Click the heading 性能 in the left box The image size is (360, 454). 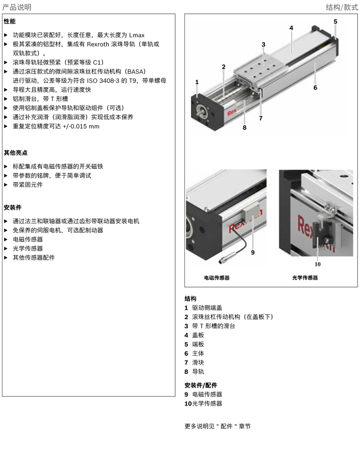pyautogui.click(x=10, y=22)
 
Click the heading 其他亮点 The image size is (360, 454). pyautogui.click(x=16, y=153)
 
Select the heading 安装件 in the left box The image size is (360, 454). pyautogui.click(x=12, y=207)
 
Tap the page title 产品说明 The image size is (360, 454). pyautogui.click(x=17, y=7)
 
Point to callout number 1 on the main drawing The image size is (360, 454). pyautogui.click(x=197, y=83)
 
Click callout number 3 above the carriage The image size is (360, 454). pyautogui.click(x=263, y=45)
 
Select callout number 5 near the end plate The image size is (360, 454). pyautogui.click(x=335, y=22)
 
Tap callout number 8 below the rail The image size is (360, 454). pyautogui.click(x=244, y=128)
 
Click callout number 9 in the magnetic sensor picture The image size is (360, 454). pyautogui.click(x=252, y=252)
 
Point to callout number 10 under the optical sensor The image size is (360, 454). pyautogui.click(x=317, y=263)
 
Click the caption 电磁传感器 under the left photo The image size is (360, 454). pyautogui.click(x=217, y=278)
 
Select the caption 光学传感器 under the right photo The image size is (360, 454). pyautogui.click(x=305, y=278)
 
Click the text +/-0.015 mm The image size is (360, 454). pyautogui.click(x=82, y=126)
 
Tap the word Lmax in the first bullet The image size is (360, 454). pyautogui.click(x=136, y=35)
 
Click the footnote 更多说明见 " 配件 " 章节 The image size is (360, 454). pyautogui.click(x=217, y=426)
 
